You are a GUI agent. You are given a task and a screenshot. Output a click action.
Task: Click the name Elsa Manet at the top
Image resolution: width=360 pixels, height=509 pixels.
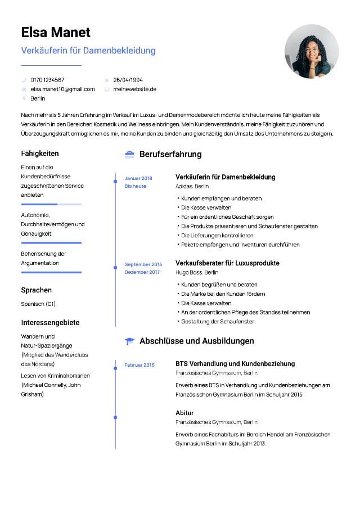[56, 32]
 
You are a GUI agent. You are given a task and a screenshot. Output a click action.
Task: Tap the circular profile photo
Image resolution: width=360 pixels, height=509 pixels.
[312, 51]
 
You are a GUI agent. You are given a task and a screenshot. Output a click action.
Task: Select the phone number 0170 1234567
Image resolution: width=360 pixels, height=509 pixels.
[47, 80]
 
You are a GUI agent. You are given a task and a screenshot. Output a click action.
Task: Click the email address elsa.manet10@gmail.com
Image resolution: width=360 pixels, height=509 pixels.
[62, 89]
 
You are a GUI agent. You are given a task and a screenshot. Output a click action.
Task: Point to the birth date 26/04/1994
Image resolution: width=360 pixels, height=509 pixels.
[128, 80]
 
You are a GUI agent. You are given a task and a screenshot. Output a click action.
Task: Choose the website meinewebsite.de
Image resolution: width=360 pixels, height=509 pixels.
[134, 89]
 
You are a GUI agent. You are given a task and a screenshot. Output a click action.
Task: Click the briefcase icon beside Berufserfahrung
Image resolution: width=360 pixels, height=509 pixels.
[129, 154]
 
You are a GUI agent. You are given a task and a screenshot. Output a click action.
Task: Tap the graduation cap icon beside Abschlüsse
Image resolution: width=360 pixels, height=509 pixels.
[129, 341]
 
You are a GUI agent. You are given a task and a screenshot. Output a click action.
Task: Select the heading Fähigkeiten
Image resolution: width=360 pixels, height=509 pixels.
[40, 154]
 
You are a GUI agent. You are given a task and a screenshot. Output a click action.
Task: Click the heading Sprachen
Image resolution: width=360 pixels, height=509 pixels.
[37, 290]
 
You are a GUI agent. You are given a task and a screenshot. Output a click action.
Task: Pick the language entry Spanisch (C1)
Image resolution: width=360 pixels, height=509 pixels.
[38, 304]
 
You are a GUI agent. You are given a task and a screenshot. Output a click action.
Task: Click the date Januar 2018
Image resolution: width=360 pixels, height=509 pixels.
[138, 178]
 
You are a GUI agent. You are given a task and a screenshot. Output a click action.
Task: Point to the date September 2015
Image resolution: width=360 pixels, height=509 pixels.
[143, 264]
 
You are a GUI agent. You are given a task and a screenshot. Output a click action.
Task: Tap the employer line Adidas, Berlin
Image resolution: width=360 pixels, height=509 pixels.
[192, 186]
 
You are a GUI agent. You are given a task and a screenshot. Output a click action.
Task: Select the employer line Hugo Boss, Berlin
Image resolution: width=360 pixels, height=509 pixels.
[197, 272]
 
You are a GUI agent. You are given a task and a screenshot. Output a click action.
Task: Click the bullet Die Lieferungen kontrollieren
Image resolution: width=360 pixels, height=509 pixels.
[217, 235]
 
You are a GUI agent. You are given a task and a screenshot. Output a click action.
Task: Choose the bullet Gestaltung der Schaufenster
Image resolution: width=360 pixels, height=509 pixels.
[218, 321]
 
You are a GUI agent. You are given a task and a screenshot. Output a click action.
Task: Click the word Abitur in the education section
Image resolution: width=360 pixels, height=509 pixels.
[184, 413]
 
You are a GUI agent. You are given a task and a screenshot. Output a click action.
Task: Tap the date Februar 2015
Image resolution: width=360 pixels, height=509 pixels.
[139, 365]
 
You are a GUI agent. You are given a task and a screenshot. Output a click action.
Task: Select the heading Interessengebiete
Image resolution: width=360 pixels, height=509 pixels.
[50, 323]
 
